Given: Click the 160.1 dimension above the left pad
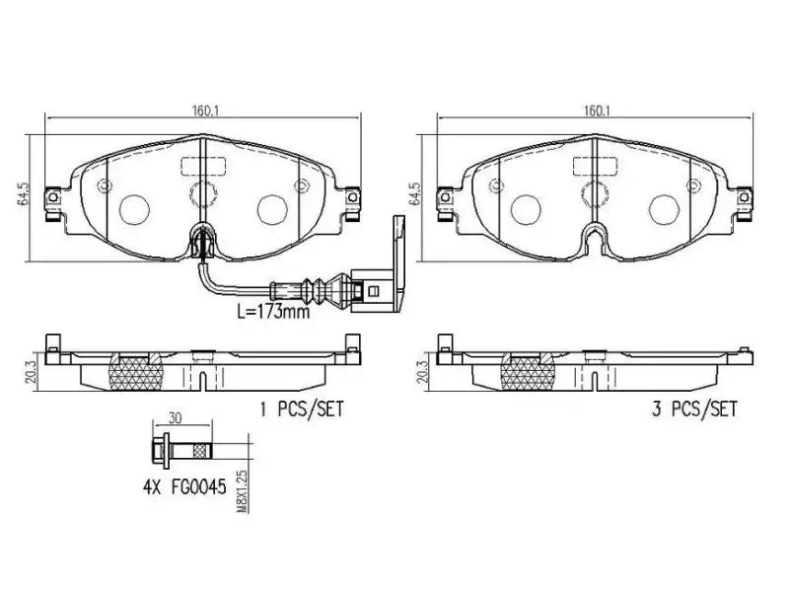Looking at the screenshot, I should pyautogui.click(x=203, y=111).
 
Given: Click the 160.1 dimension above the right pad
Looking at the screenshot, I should pyautogui.click(x=594, y=111).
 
